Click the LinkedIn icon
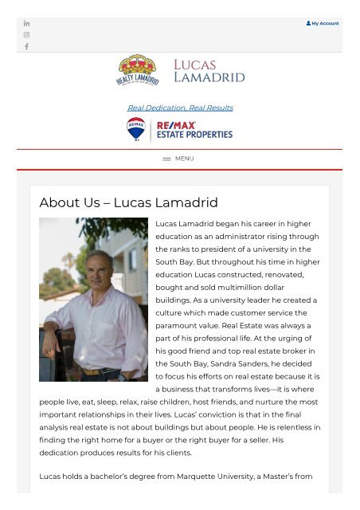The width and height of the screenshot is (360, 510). (x=26, y=23)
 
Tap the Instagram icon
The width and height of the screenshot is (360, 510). (x=26, y=35)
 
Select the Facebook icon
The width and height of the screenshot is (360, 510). (x=26, y=47)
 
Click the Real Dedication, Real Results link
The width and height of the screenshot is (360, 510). (x=180, y=108)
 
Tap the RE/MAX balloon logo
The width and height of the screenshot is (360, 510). (x=135, y=129)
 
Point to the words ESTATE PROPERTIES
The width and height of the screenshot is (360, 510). (x=194, y=135)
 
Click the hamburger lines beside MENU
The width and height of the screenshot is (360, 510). (x=166, y=159)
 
